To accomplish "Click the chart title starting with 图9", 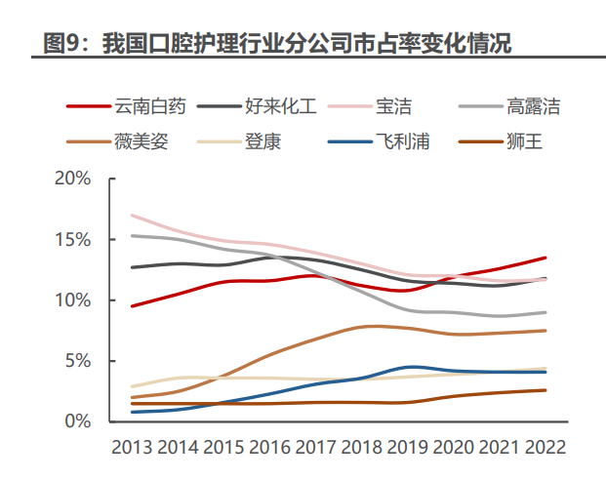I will tap(278, 44).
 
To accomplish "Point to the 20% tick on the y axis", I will tap(73, 180).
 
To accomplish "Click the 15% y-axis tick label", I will tap(73, 240).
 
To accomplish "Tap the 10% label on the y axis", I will tap(73, 300).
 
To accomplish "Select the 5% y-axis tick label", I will tap(78, 361).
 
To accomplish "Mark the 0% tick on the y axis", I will tap(78, 421).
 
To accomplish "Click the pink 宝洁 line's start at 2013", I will tap(132, 215).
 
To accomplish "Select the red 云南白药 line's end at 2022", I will tap(545, 258).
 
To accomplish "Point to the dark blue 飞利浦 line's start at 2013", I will tap(132, 412).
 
